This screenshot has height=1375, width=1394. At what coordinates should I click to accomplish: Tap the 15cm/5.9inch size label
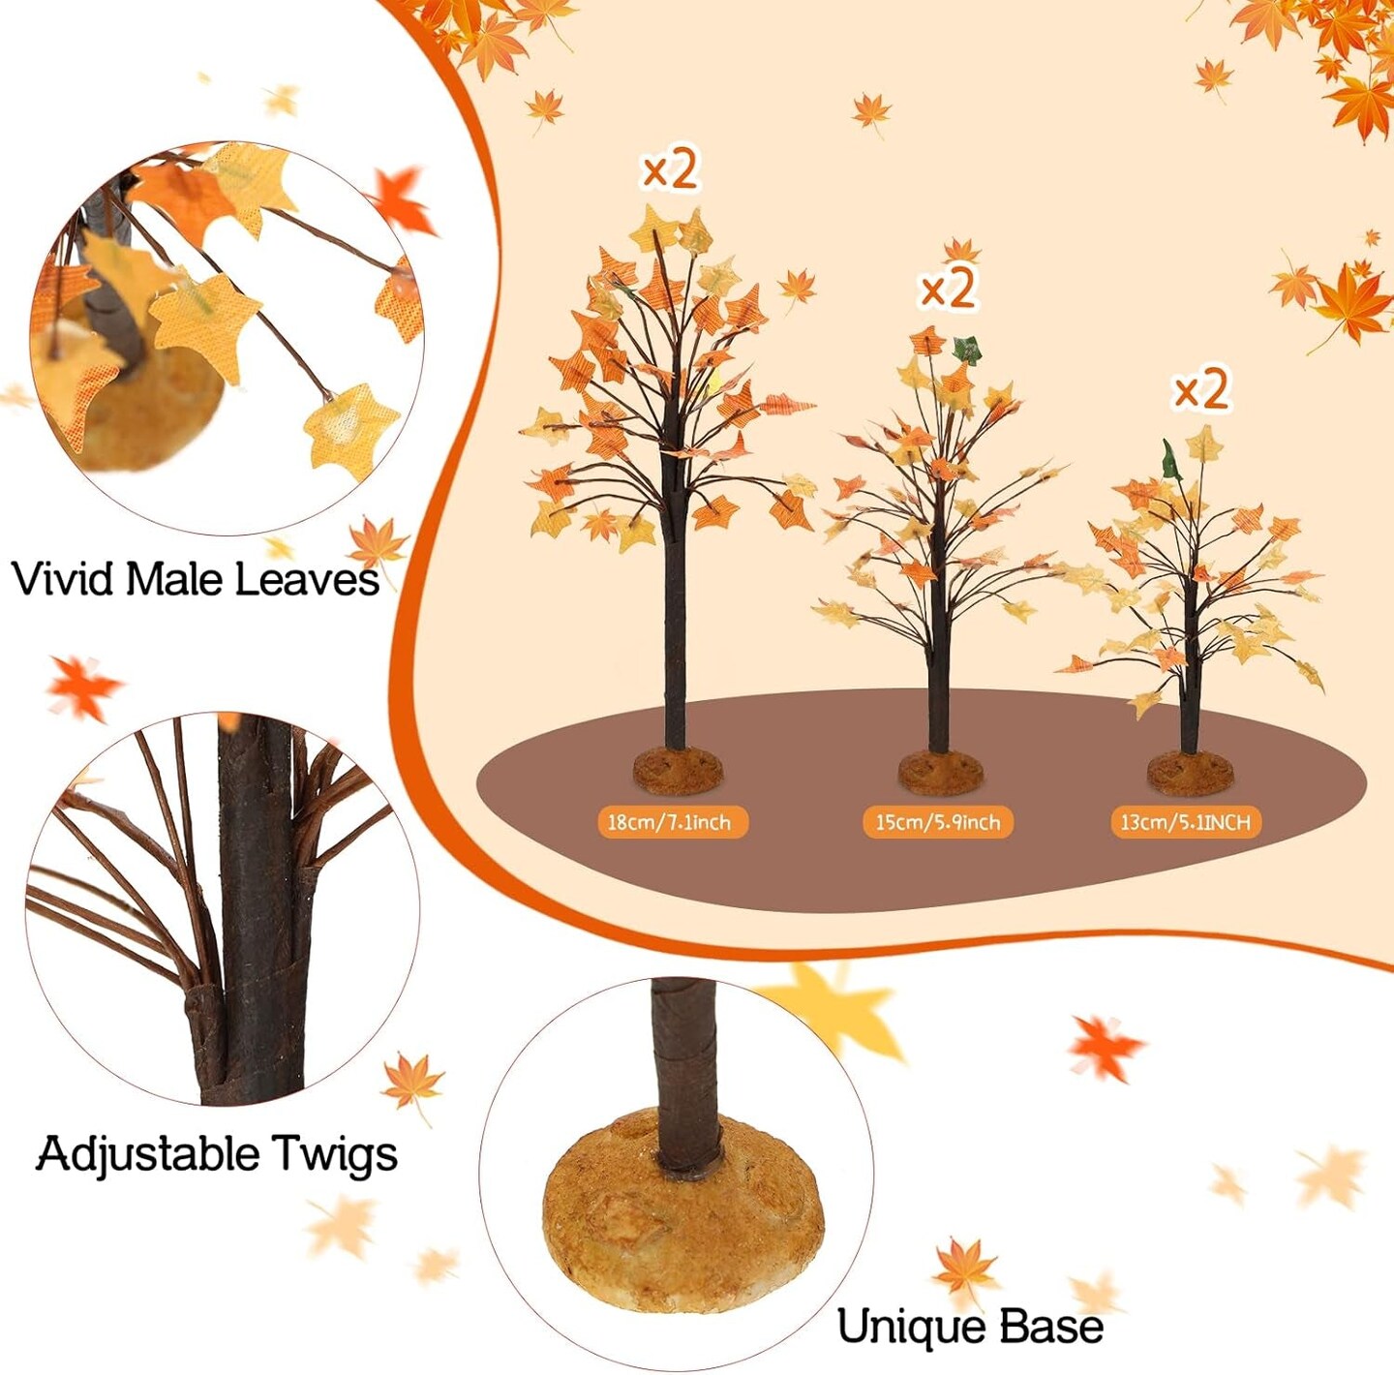point(937,822)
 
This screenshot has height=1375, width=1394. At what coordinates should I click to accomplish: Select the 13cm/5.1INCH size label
point(1185,822)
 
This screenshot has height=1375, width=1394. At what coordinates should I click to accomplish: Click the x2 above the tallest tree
point(670,170)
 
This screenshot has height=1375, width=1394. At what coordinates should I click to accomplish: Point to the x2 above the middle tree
point(948,288)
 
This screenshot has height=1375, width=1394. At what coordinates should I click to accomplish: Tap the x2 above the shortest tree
point(1201,389)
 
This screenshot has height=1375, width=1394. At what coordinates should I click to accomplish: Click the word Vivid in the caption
point(64,579)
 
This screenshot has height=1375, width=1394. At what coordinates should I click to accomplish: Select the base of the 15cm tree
point(940,772)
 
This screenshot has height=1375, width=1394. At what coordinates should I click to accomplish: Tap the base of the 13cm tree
point(1191,773)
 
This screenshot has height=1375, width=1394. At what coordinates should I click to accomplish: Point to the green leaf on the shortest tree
point(1172,459)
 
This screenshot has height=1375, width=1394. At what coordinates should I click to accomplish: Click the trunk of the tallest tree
point(675,629)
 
